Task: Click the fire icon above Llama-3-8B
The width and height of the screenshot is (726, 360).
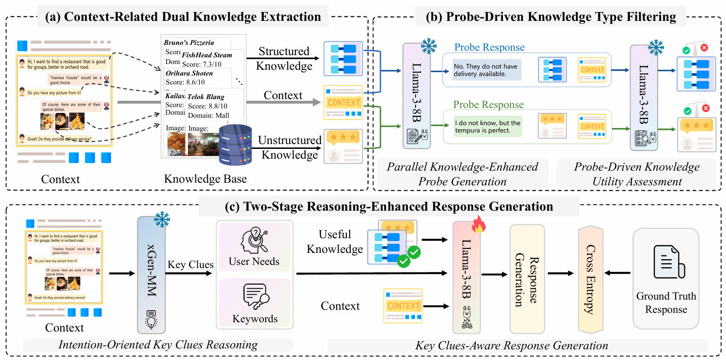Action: [x=479, y=224]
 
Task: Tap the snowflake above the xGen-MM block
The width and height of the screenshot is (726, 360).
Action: [x=162, y=219]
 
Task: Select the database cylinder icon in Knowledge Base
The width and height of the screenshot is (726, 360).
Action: [x=235, y=145]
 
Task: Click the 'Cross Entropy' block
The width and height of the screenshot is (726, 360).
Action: [x=590, y=280]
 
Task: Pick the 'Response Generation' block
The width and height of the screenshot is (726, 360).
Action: [x=527, y=280]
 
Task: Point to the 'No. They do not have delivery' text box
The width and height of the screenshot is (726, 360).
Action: [x=487, y=70]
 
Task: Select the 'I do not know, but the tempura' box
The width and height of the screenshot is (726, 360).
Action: [x=487, y=127]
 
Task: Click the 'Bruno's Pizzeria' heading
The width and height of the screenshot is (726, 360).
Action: [x=189, y=43]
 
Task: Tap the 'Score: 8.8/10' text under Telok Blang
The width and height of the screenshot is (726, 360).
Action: [x=207, y=106]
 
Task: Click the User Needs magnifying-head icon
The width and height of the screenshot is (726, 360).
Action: [x=254, y=240]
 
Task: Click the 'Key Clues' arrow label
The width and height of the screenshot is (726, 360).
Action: [x=190, y=264]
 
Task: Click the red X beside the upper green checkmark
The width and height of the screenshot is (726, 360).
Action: [x=704, y=48]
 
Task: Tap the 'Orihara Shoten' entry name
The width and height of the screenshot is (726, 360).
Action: [x=189, y=73]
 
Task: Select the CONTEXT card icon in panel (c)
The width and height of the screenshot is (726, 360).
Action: [x=403, y=306]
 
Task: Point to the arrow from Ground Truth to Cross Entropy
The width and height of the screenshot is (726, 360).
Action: [x=617, y=273]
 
